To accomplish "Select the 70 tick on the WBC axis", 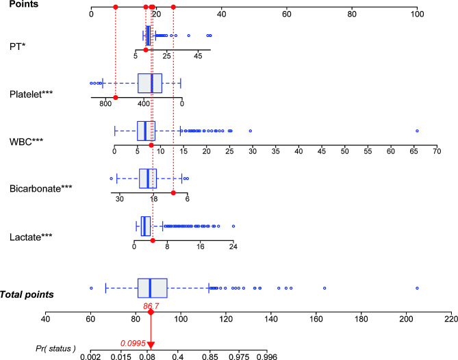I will click(436, 152).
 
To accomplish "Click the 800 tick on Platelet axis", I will click(105, 104).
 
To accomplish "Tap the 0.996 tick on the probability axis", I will click(267, 356).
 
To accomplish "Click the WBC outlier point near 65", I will click(417, 131).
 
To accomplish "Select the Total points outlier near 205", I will click(417, 288).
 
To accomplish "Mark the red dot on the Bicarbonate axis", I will click(173, 193).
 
